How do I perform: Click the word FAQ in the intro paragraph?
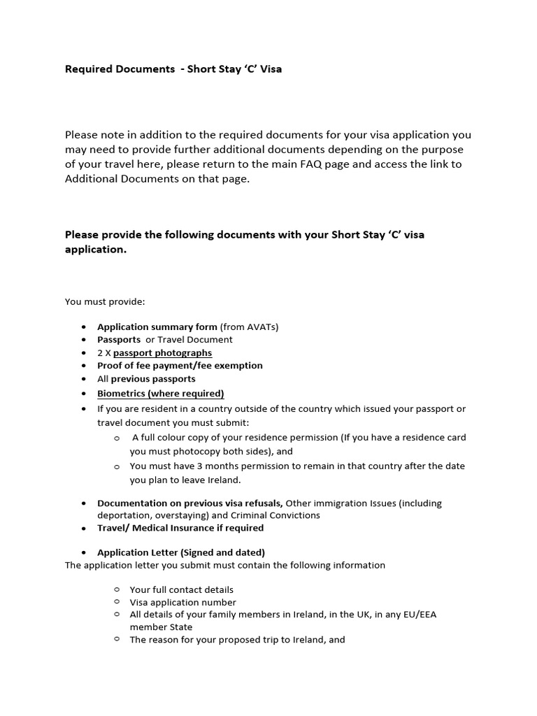pyautogui.click(x=310, y=164)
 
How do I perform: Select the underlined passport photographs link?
pyautogui.click(x=162, y=352)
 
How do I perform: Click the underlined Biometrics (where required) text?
pyautogui.click(x=160, y=393)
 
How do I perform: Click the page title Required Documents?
pyautogui.click(x=120, y=69)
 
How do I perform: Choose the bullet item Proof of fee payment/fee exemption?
pyautogui.click(x=180, y=365)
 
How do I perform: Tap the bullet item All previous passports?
pyautogui.click(x=146, y=378)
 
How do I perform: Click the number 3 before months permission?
pyautogui.click(x=191, y=466)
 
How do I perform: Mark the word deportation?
pyautogui.click(x=123, y=515)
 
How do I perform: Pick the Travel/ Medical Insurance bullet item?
pyautogui.click(x=180, y=528)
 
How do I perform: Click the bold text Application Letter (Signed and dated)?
pyautogui.click(x=180, y=552)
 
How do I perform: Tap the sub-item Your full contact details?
pyautogui.click(x=181, y=589)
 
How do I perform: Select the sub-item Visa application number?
pyautogui.click(x=182, y=602)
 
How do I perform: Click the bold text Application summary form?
pyautogui.click(x=157, y=327)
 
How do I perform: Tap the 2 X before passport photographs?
pyautogui.click(x=103, y=352)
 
